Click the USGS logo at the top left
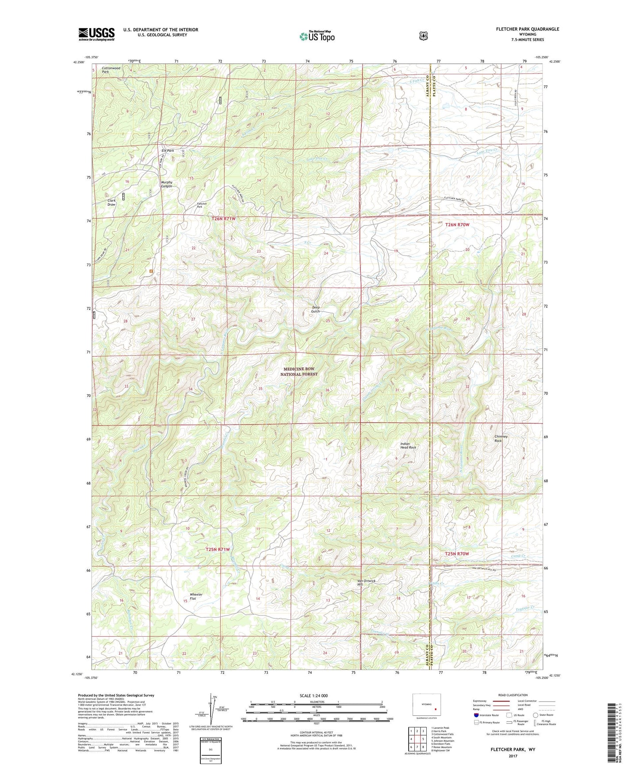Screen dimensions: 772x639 pos(96,34)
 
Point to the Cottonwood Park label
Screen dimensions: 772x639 pos(111,70)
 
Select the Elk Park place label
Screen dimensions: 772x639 pos(168,151)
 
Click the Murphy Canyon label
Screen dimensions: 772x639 pos(166,184)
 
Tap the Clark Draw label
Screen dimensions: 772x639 pos(111,203)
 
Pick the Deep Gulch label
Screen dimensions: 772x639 pos(316,309)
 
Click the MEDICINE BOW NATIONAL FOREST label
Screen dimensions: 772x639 pos(299,371)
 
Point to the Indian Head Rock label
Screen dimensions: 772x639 pos(408,446)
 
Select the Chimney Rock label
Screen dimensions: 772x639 pos(501,439)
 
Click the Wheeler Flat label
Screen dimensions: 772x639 pos(195,596)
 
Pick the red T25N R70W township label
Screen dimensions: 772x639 pos(456,554)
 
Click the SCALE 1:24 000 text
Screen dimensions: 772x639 pos(314,696)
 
